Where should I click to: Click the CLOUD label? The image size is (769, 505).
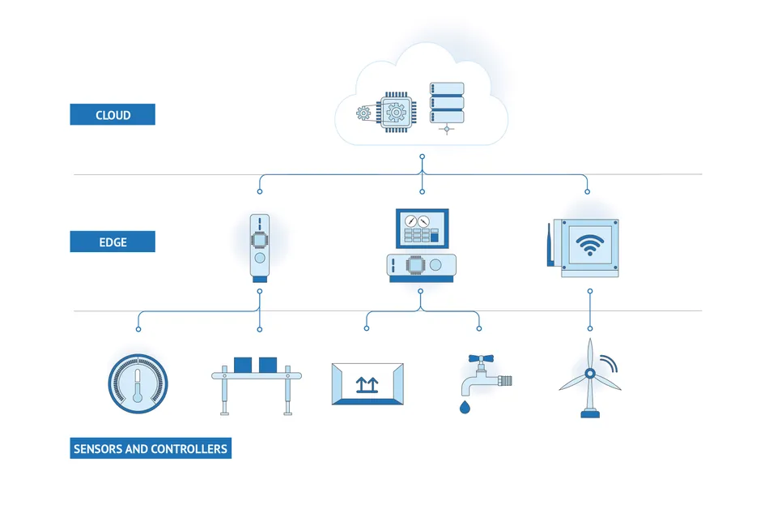(x=113, y=114)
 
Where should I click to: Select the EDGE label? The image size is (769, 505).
(x=113, y=242)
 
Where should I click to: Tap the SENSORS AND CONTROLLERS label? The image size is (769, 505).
(x=151, y=448)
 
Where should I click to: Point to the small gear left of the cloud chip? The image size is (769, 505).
(x=363, y=113)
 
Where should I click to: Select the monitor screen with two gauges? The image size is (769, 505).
(x=421, y=228)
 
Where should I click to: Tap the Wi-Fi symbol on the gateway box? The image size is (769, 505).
(x=589, y=245)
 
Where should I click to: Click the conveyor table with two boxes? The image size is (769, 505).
(x=256, y=381)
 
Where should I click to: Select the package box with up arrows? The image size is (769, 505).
(x=367, y=383)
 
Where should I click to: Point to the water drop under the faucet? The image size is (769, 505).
(x=464, y=407)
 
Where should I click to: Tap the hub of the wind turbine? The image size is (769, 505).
(x=590, y=374)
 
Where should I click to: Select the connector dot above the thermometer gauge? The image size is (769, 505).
(x=138, y=329)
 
